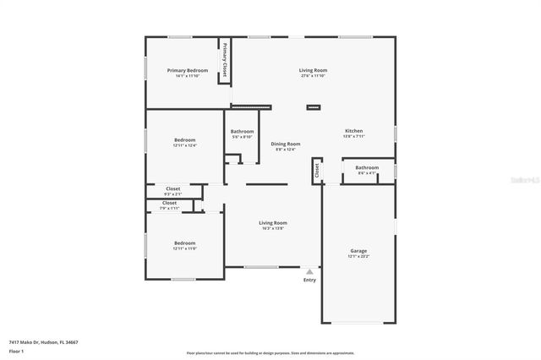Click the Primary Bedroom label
pyautogui.click(x=187, y=70)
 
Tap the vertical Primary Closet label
pyautogui.click(x=226, y=60)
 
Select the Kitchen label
pyautogui.click(x=353, y=131)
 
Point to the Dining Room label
pyautogui.click(x=285, y=144)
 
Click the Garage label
pyautogui.click(x=358, y=250)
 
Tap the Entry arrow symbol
pyautogui.click(x=309, y=271)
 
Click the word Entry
pyautogui.click(x=309, y=281)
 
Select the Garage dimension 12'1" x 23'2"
pyautogui.click(x=358, y=256)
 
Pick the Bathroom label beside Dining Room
pyautogui.click(x=243, y=131)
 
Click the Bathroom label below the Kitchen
pyautogui.click(x=366, y=167)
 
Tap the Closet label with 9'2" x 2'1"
pyautogui.click(x=172, y=188)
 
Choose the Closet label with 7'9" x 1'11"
pyautogui.click(x=169, y=203)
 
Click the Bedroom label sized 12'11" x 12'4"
pyautogui.click(x=184, y=139)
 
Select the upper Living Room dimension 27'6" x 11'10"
pyautogui.click(x=313, y=76)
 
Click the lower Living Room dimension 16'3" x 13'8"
pyautogui.click(x=272, y=228)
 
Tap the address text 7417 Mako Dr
pyautogui.click(x=25, y=341)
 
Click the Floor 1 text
pyautogui.click(x=16, y=350)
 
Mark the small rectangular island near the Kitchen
pyautogui.click(x=314, y=107)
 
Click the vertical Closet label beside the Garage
pyautogui.click(x=317, y=169)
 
